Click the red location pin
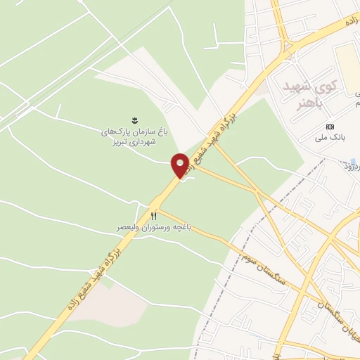(x=180, y=165)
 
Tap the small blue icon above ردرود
(x=353, y=161)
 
